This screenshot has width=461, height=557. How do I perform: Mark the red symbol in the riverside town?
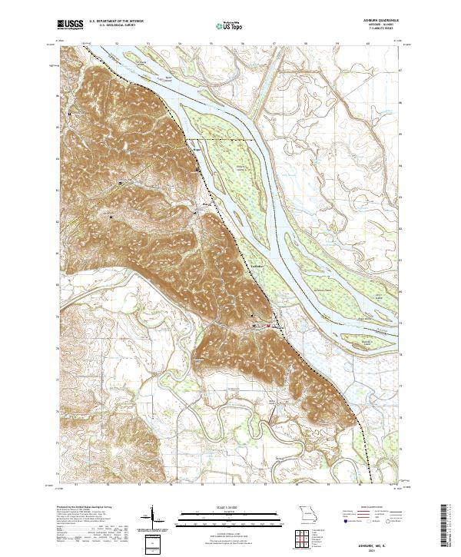click(x=268, y=326)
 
